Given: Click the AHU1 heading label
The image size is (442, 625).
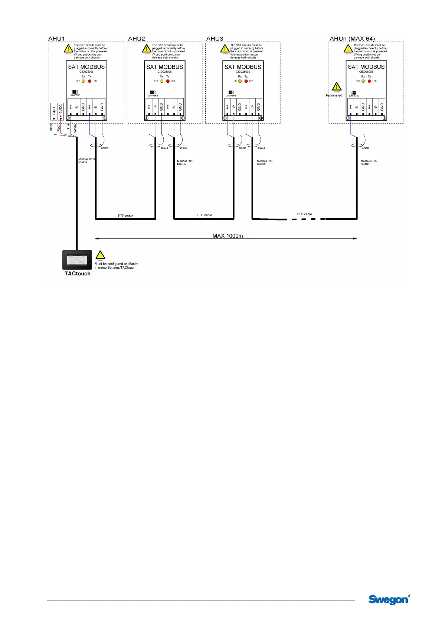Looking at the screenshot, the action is tap(56, 39).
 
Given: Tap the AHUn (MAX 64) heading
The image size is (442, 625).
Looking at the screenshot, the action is tap(352, 39).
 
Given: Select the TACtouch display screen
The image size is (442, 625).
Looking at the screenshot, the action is tap(77, 260).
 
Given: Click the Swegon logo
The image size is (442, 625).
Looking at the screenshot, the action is tap(389, 599).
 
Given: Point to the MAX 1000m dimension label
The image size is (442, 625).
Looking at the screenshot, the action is tap(227, 236).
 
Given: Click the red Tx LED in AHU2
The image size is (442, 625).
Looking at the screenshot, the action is tap(168, 81).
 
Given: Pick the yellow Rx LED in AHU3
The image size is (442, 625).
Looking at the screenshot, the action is tap(240, 81).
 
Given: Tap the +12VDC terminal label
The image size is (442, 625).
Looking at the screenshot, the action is tap(61, 111).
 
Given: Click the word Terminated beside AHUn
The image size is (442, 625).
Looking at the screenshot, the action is tap(334, 95).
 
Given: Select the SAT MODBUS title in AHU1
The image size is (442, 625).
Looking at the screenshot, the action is tap(86, 67).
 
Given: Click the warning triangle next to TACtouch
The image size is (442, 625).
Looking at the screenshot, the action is tap(100, 255).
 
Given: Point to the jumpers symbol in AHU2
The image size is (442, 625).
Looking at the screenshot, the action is tap(153, 92).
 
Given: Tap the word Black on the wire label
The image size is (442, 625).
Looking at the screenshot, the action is tap(51, 127).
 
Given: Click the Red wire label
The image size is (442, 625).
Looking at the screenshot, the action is tap(59, 128).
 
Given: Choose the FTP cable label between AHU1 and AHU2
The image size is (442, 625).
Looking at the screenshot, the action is tap(125, 216).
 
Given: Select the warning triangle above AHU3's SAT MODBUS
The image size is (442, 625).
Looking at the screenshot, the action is tap(225, 49).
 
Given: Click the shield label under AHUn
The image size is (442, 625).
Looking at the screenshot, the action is tap(366, 148).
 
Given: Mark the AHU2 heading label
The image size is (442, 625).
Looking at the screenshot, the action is tap(136, 39).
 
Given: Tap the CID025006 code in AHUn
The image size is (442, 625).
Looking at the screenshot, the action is tap(366, 72).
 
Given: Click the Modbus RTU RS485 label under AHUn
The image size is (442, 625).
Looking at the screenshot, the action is tap(369, 163).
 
